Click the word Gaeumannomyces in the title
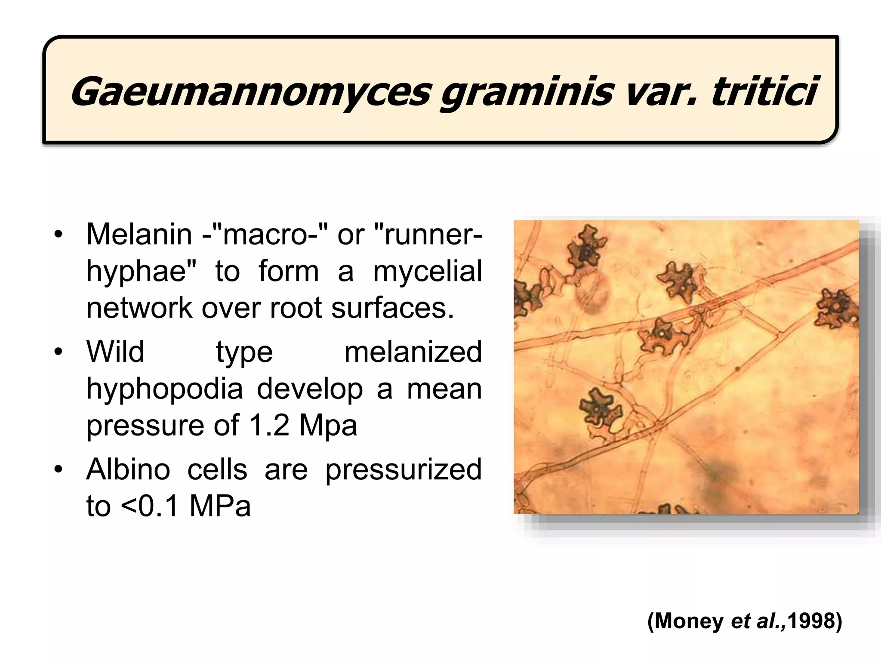(x=250, y=92)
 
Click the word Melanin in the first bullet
(x=139, y=235)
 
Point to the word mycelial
(x=427, y=272)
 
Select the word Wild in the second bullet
(x=115, y=352)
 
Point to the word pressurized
(x=403, y=470)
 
